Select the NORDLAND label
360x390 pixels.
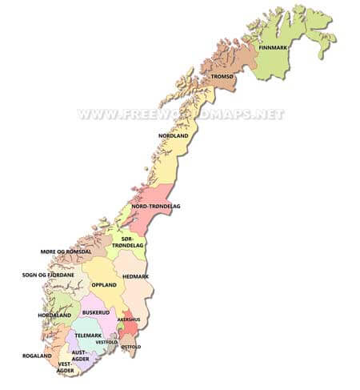tap(174, 137)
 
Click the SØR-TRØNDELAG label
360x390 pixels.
tap(131, 242)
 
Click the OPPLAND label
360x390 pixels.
tap(104, 284)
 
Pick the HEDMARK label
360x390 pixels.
tap(135, 276)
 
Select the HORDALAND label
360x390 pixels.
tap(54, 315)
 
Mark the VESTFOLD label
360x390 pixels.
tap(107, 343)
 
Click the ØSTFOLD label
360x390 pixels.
tap(130, 347)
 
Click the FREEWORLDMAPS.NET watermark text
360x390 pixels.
tap(181, 114)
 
